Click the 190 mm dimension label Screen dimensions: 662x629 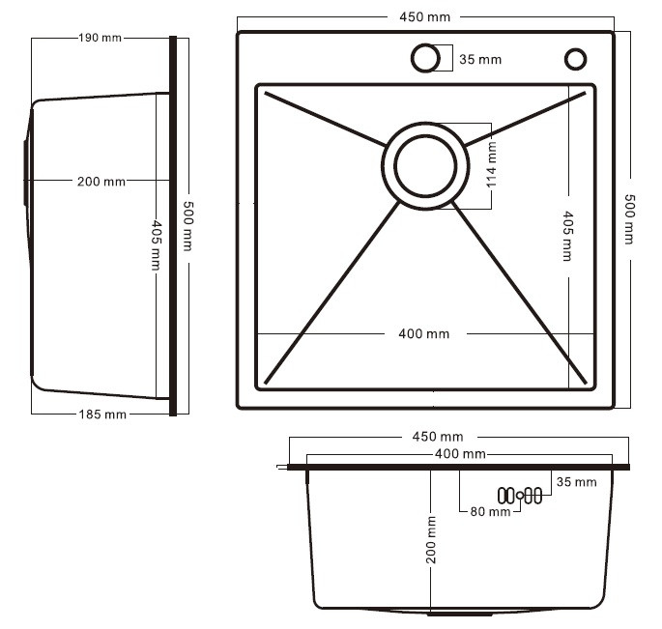point(101,38)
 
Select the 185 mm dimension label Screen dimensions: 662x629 point(102,415)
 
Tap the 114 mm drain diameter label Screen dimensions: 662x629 point(492,164)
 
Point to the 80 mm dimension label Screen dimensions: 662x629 point(490,512)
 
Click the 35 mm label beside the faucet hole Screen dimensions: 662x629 point(480,60)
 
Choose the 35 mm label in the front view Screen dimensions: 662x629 point(576,482)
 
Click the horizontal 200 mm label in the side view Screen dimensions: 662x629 point(101,182)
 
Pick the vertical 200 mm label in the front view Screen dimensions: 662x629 point(431,539)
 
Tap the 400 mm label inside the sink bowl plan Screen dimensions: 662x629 point(424,334)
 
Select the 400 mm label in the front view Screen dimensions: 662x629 point(460,454)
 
